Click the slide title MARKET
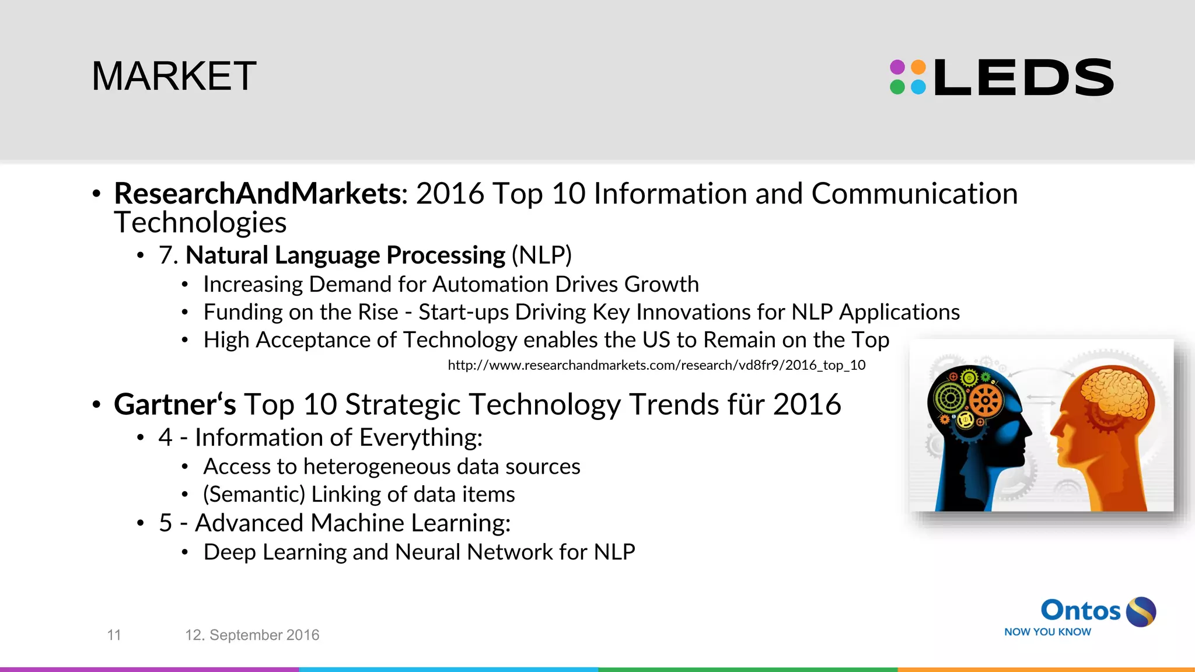pos(174,76)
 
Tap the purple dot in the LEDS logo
pos(897,67)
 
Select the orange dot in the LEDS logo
pos(918,67)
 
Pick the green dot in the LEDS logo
pos(897,87)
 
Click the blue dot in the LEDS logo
pos(918,87)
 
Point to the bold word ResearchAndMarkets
pos(257,194)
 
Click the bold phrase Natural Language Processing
pos(345,256)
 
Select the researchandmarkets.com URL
pos(656,365)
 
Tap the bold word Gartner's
pos(174,404)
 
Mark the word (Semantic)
pos(254,495)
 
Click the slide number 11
pos(114,635)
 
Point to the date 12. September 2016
pos(252,635)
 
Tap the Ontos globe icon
pos(1141,611)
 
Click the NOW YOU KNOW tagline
pos(1047,632)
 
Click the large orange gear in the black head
pos(986,400)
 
